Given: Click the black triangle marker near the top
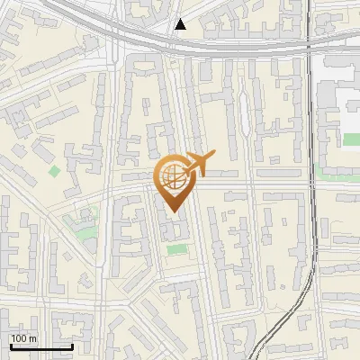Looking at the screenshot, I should [180, 24].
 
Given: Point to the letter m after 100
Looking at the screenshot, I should [33, 338].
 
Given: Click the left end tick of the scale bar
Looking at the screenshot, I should [10, 346].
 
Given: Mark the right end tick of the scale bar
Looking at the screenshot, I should [72, 346].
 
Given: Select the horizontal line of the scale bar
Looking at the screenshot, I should [40, 347].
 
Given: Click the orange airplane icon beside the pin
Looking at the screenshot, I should [196, 165].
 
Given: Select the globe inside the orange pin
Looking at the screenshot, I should [171, 177].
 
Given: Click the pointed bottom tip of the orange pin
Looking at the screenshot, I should [171, 212].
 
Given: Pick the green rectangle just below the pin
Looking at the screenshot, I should [178, 247].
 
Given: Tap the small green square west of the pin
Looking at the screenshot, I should [55, 171].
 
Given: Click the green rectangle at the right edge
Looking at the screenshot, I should [351, 139].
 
